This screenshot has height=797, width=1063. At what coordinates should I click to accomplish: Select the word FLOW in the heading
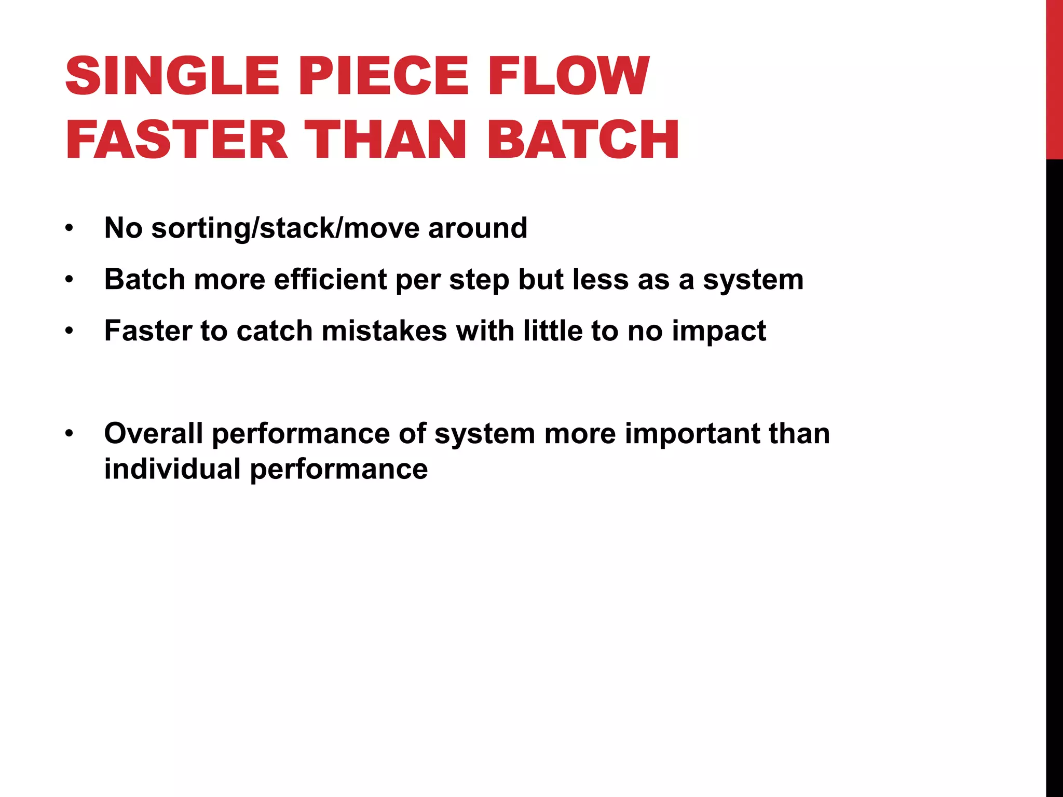click(x=568, y=76)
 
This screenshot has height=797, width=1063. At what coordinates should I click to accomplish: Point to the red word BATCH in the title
click(x=582, y=140)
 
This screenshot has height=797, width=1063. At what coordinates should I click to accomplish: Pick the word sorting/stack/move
click(x=285, y=228)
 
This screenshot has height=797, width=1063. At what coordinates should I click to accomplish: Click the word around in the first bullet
click(x=478, y=228)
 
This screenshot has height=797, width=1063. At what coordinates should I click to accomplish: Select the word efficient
click(x=330, y=280)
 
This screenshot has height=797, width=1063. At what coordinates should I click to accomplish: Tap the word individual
click(x=172, y=469)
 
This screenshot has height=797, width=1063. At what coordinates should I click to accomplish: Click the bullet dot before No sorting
click(x=70, y=228)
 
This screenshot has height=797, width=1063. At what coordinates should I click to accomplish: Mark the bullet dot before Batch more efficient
click(x=70, y=280)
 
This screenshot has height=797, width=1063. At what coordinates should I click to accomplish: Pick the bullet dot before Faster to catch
click(x=70, y=331)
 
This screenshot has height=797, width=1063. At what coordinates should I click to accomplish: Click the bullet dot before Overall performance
click(x=70, y=434)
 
